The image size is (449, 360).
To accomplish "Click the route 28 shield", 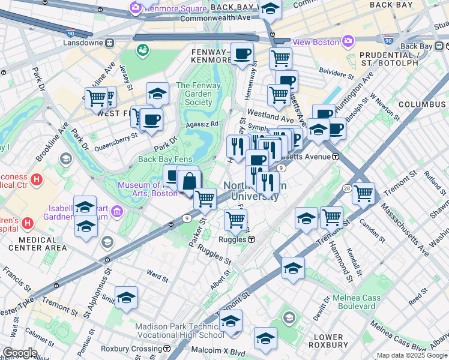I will (347, 189).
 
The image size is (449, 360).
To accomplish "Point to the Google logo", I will (19, 353).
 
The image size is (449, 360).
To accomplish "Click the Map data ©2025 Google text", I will (412, 355).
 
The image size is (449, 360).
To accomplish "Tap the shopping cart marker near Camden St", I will (363, 194).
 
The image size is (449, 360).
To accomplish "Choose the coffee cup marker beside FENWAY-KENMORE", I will (243, 55).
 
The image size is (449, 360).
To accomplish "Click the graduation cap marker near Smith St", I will (126, 298).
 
